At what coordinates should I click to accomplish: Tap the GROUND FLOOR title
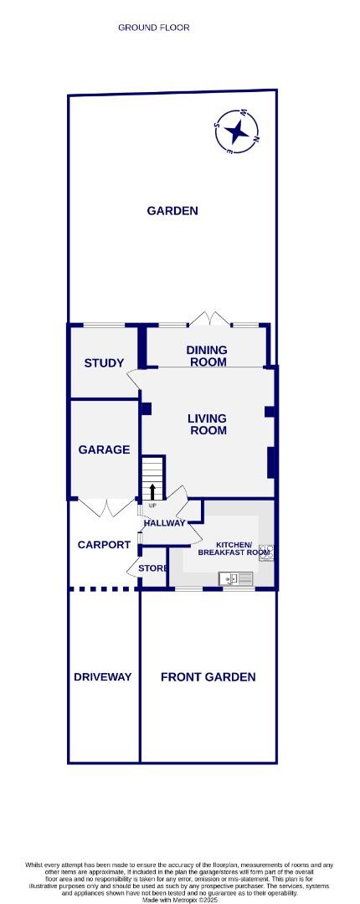(x=154, y=28)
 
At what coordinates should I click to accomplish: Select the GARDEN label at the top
(x=172, y=211)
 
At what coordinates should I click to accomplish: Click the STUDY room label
(x=104, y=363)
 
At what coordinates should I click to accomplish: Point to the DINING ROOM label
(x=207, y=357)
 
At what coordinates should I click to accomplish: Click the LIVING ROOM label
(x=207, y=424)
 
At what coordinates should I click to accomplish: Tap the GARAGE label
(x=104, y=449)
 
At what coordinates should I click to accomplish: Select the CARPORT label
(x=104, y=545)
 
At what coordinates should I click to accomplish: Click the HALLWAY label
(x=164, y=524)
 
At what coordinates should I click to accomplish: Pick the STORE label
(x=152, y=568)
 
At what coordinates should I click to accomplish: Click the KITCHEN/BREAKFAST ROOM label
(x=234, y=547)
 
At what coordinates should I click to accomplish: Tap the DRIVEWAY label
(x=102, y=677)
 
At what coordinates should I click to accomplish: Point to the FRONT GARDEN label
(x=208, y=677)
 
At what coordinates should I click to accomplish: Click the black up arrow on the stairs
(x=152, y=491)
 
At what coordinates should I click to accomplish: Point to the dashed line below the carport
(x=102, y=588)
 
